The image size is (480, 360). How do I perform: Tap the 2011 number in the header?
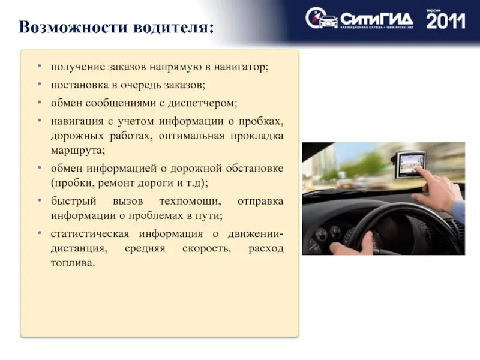coord(446,21)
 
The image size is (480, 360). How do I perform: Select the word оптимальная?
coord(192,136)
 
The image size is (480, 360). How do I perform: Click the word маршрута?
coord(78,151)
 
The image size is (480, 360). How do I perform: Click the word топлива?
coord(72,263)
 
